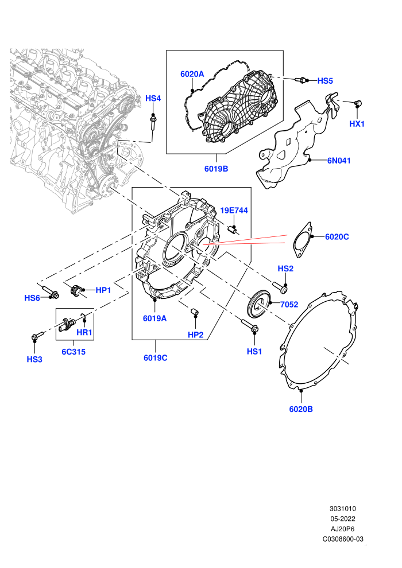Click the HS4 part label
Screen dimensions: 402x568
point(153,98)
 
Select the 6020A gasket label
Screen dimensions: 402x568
point(192,74)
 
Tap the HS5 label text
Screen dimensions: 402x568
point(325,81)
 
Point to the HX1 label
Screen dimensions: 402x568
point(357,123)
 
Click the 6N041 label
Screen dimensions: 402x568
point(339,161)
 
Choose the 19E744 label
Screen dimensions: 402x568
point(234,211)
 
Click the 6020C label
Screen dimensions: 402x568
point(337,236)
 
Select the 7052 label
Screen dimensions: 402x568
point(289,304)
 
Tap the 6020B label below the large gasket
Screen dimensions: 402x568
point(301,409)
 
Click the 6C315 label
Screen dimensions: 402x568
point(74,351)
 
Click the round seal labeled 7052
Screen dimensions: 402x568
point(258,302)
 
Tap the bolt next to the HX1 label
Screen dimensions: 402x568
point(358,103)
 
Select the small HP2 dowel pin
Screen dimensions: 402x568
point(195,311)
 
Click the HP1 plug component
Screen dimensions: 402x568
point(75,290)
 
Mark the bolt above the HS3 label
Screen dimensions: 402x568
point(37,336)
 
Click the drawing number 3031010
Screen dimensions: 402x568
point(342,508)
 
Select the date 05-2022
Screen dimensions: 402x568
point(342,519)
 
